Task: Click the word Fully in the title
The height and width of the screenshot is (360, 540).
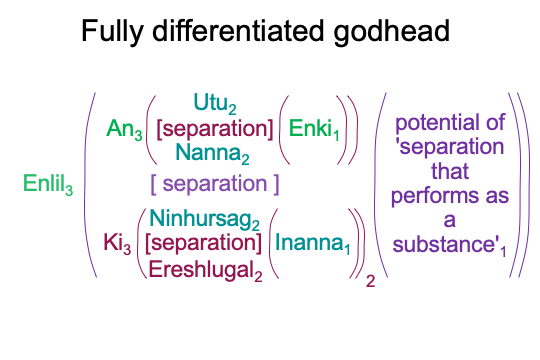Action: point(112,31)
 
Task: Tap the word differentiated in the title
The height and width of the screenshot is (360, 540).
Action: point(238,30)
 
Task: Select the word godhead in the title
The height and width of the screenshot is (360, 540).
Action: point(392,31)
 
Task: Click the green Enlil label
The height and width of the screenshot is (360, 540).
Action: point(48,184)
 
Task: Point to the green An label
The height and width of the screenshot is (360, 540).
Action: point(124,130)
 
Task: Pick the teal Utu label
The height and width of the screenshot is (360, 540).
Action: point(215,103)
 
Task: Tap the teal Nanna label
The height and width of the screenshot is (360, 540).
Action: point(212,153)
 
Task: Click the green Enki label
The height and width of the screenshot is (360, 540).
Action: point(314,130)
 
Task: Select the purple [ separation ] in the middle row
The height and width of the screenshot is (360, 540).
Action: point(215,184)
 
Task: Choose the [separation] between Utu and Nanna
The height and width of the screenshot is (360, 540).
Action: point(215,128)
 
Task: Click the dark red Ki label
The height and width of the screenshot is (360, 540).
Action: point(117,243)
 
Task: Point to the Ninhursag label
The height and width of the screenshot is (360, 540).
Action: point(205,219)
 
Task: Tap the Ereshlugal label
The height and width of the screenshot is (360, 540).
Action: point(205,270)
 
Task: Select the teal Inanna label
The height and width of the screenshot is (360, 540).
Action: point(313,243)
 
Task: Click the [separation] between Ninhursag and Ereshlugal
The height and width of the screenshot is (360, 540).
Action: point(203,243)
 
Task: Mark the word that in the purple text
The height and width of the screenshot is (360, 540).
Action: point(450,171)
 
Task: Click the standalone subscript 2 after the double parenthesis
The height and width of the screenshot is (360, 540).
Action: point(371,281)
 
